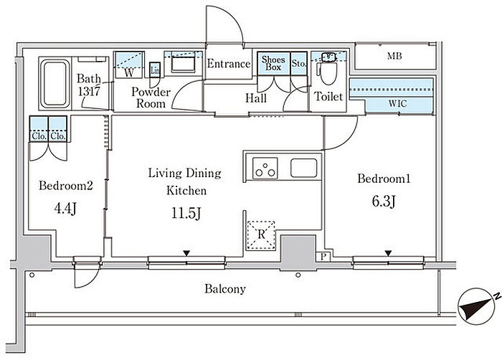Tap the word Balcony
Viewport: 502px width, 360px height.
[x=225, y=290]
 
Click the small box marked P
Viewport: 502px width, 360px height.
[x=324, y=256]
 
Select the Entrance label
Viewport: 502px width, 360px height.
[x=229, y=64]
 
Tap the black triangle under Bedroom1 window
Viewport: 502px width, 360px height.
[x=388, y=252]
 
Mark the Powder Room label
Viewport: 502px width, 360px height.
[x=150, y=98]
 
